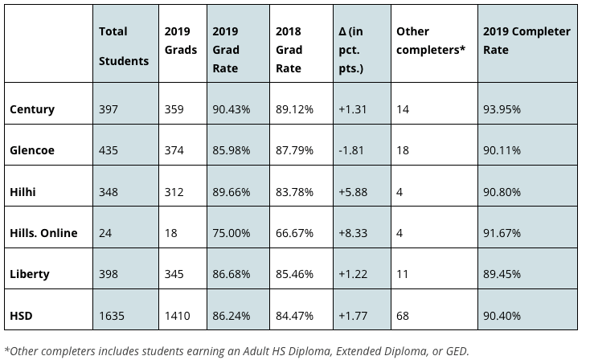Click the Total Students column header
point(123,46)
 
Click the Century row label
point(32,109)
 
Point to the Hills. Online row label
point(43,233)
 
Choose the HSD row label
point(22,316)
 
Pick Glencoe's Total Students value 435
point(109,150)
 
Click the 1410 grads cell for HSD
point(177,316)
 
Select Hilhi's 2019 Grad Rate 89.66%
point(231,192)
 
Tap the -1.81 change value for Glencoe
point(354,150)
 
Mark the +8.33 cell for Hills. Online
point(355,233)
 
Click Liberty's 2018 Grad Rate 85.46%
point(294,274)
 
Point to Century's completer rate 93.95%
point(502,109)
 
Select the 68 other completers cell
point(403,316)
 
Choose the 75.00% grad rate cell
point(231,233)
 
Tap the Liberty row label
point(30,274)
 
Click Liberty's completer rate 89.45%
point(502,274)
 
